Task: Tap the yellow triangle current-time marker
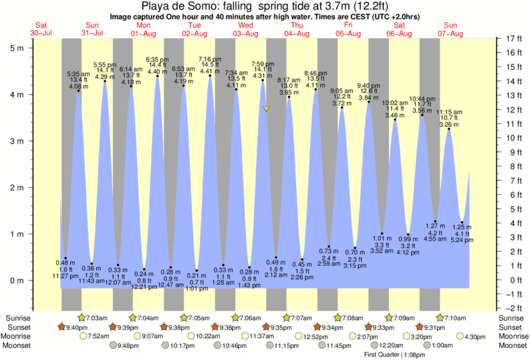tap(266, 109)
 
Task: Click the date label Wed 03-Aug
tap(246, 29)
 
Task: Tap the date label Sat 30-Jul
tap(41, 29)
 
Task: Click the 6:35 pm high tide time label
tap(157, 60)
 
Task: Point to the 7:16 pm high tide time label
tap(210, 59)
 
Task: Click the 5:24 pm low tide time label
tap(462, 239)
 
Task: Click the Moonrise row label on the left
tap(18, 337)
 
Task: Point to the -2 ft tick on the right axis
tap(512, 308)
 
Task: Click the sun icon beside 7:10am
tap(440, 318)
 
